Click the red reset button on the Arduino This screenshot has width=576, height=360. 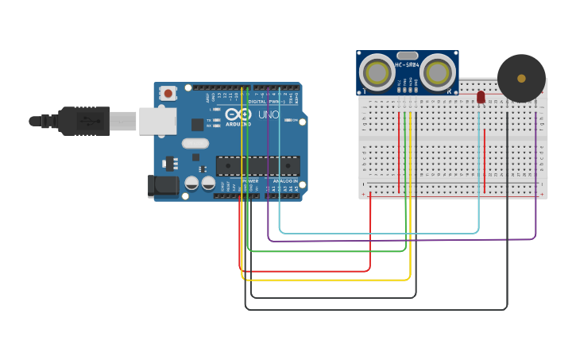168,93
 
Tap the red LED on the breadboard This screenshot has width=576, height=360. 481,97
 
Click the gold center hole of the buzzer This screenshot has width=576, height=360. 521,78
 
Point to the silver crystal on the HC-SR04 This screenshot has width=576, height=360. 407,56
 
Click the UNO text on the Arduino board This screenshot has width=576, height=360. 267,115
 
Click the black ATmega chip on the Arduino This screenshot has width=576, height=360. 257,165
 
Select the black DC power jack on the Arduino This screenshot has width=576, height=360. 164,186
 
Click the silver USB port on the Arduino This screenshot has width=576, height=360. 157,121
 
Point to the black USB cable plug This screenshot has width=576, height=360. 83,121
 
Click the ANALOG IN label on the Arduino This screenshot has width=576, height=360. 285,181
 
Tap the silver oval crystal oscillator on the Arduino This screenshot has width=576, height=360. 195,144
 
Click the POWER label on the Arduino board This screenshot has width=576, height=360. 250,181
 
